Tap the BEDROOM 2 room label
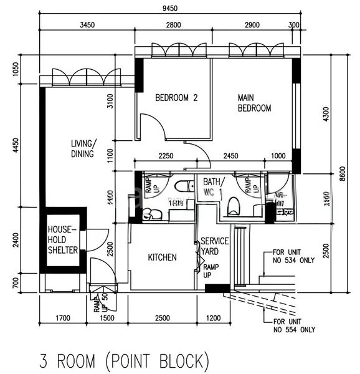tap(176, 98)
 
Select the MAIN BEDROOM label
tap(254, 103)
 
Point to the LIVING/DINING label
tap(82, 149)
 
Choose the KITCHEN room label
tap(162, 257)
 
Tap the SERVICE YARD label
tap(215, 246)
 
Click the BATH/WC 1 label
tap(213, 188)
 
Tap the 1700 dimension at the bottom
tap(62, 319)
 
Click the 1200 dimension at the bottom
tap(213, 319)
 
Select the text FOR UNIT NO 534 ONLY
tap(293, 257)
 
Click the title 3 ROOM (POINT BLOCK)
tap(121, 360)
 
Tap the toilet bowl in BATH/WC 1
tap(234, 206)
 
